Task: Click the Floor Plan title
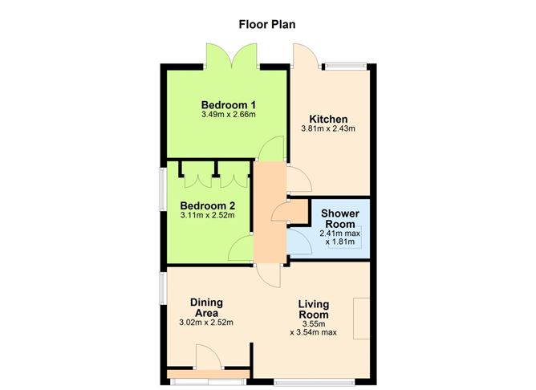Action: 267,23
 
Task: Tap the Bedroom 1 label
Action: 229,104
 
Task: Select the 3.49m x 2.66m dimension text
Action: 229,115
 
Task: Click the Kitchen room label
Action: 327,118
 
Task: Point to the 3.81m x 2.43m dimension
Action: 327,128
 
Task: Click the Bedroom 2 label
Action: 207,205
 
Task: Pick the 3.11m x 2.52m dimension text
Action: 207,215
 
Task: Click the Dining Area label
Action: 206,307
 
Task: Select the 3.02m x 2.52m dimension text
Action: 206,323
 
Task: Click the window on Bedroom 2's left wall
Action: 162,191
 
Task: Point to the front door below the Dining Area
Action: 205,358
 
